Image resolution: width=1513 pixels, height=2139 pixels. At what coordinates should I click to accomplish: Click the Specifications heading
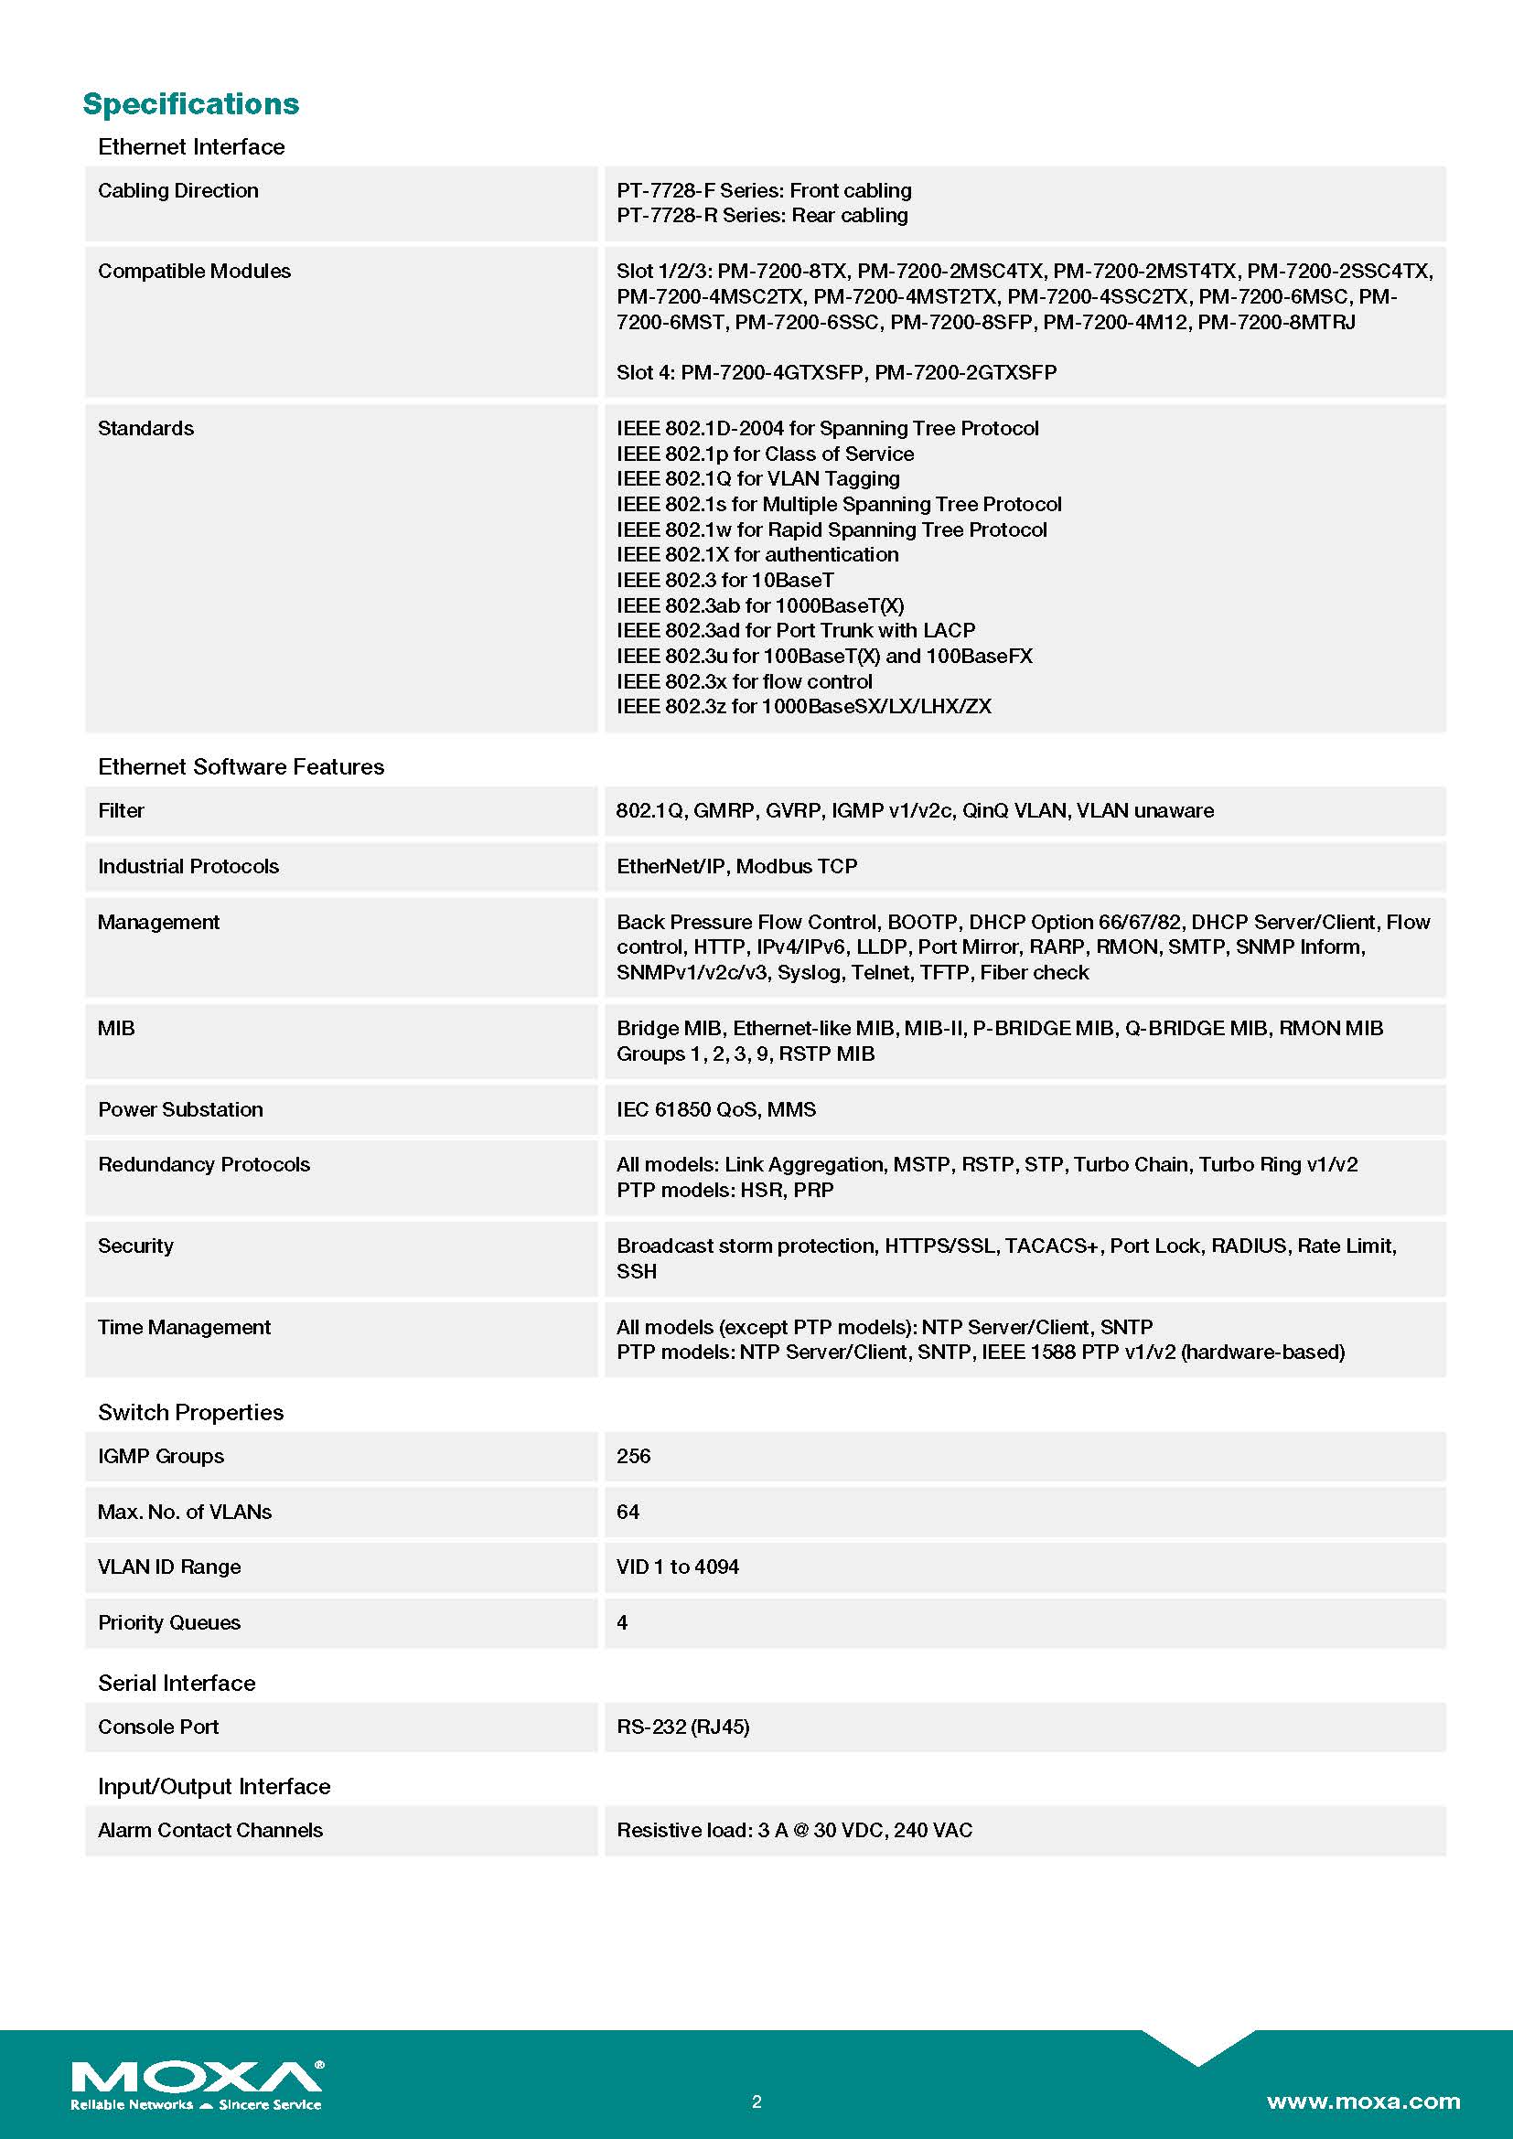pyautogui.click(x=191, y=104)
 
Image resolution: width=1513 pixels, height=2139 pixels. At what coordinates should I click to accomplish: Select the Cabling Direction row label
pyautogui.click(x=178, y=191)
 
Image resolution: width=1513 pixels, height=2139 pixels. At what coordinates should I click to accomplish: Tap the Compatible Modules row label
pyautogui.click(x=194, y=271)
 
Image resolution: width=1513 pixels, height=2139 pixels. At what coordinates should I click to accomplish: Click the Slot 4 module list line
pyautogui.click(x=836, y=372)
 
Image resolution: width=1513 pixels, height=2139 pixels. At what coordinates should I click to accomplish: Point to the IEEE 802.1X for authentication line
pyautogui.click(x=756, y=555)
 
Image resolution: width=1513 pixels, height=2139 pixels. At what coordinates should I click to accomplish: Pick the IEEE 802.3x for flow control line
pyautogui.click(x=744, y=682)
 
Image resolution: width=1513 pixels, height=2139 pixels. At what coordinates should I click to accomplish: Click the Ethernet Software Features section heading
pyautogui.click(x=241, y=766)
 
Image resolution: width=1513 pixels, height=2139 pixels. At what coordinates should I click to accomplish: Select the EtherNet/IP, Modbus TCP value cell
pyautogui.click(x=736, y=866)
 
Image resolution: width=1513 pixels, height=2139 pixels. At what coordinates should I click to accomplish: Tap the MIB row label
pyautogui.click(x=116, y=1029)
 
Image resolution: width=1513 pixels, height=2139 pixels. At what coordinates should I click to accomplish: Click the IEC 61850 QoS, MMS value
pyautogui.click(x=715, y=1109)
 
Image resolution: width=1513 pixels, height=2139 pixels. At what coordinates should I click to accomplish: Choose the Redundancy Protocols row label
pyautogui.click(x=203, y=1164)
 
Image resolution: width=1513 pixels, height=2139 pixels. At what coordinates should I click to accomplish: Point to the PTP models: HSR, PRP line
pyautogui.click(x=724, y=1191)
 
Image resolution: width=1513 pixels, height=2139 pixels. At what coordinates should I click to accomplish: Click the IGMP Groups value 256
pyautogui.click(x=633, y=1456)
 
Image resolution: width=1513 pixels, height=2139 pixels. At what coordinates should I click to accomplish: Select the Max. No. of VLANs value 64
pyautogui.click(x=627, y=1512)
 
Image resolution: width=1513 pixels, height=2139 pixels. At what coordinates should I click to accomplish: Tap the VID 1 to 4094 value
pyautogui.click(x=676, y=1567)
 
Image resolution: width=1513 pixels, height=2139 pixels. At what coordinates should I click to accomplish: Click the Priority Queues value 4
pyautogui.click(x=621, y=1623)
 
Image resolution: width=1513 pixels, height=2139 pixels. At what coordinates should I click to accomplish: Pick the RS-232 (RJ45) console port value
pyautogui.click(x=682, y=1727)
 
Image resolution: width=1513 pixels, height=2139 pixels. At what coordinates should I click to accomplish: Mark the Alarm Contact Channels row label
pyautogui.click(x=209, y=1831)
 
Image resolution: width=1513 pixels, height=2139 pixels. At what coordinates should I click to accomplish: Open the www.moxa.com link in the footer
pyautogui.click(x=1363, y=2102)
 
